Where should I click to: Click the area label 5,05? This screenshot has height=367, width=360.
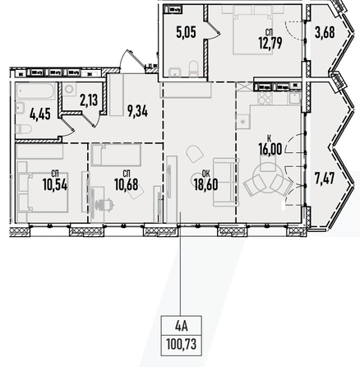(186, 32)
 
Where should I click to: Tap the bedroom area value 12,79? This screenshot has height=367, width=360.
(270, 43)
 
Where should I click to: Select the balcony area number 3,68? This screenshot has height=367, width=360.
(325, 32)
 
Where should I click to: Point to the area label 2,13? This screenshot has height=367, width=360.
(89, 100)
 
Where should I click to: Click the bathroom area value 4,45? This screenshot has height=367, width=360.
(40, 114)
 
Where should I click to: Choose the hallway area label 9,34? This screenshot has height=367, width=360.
(137, 111)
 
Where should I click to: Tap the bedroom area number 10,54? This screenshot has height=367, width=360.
(55, 184)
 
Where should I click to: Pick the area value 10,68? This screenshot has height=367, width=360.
(126, 184)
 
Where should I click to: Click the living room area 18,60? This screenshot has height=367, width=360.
(205, 184)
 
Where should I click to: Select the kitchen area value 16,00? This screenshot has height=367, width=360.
(270, 150)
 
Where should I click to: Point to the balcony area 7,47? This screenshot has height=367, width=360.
(325, 179)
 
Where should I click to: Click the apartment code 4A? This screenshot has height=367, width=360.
(181, 326)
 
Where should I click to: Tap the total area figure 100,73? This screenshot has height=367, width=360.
(181, 344)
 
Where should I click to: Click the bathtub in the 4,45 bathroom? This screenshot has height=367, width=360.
(35, 91)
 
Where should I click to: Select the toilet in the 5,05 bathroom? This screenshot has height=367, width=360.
(193, 67)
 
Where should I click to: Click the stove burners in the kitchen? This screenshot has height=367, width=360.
(265, 98)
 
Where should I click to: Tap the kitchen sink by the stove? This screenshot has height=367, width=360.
(293, 98)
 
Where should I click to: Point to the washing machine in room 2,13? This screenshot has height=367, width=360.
(69, 89)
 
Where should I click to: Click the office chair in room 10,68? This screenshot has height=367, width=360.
(105, 204)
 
